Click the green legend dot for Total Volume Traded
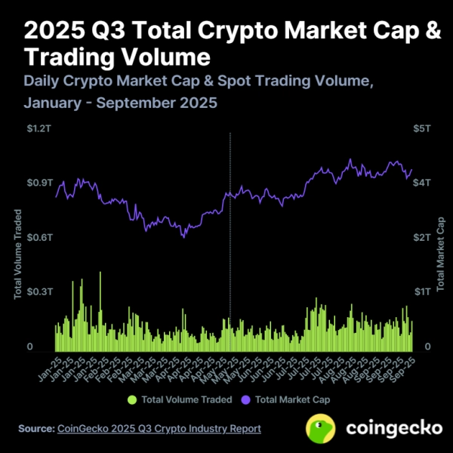[133, 399]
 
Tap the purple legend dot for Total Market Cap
[245, 399]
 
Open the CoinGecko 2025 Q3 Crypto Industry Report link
[159, 428]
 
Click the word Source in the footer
[35, 428]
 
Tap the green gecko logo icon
[321, 428]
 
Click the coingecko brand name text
[393, 428]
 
